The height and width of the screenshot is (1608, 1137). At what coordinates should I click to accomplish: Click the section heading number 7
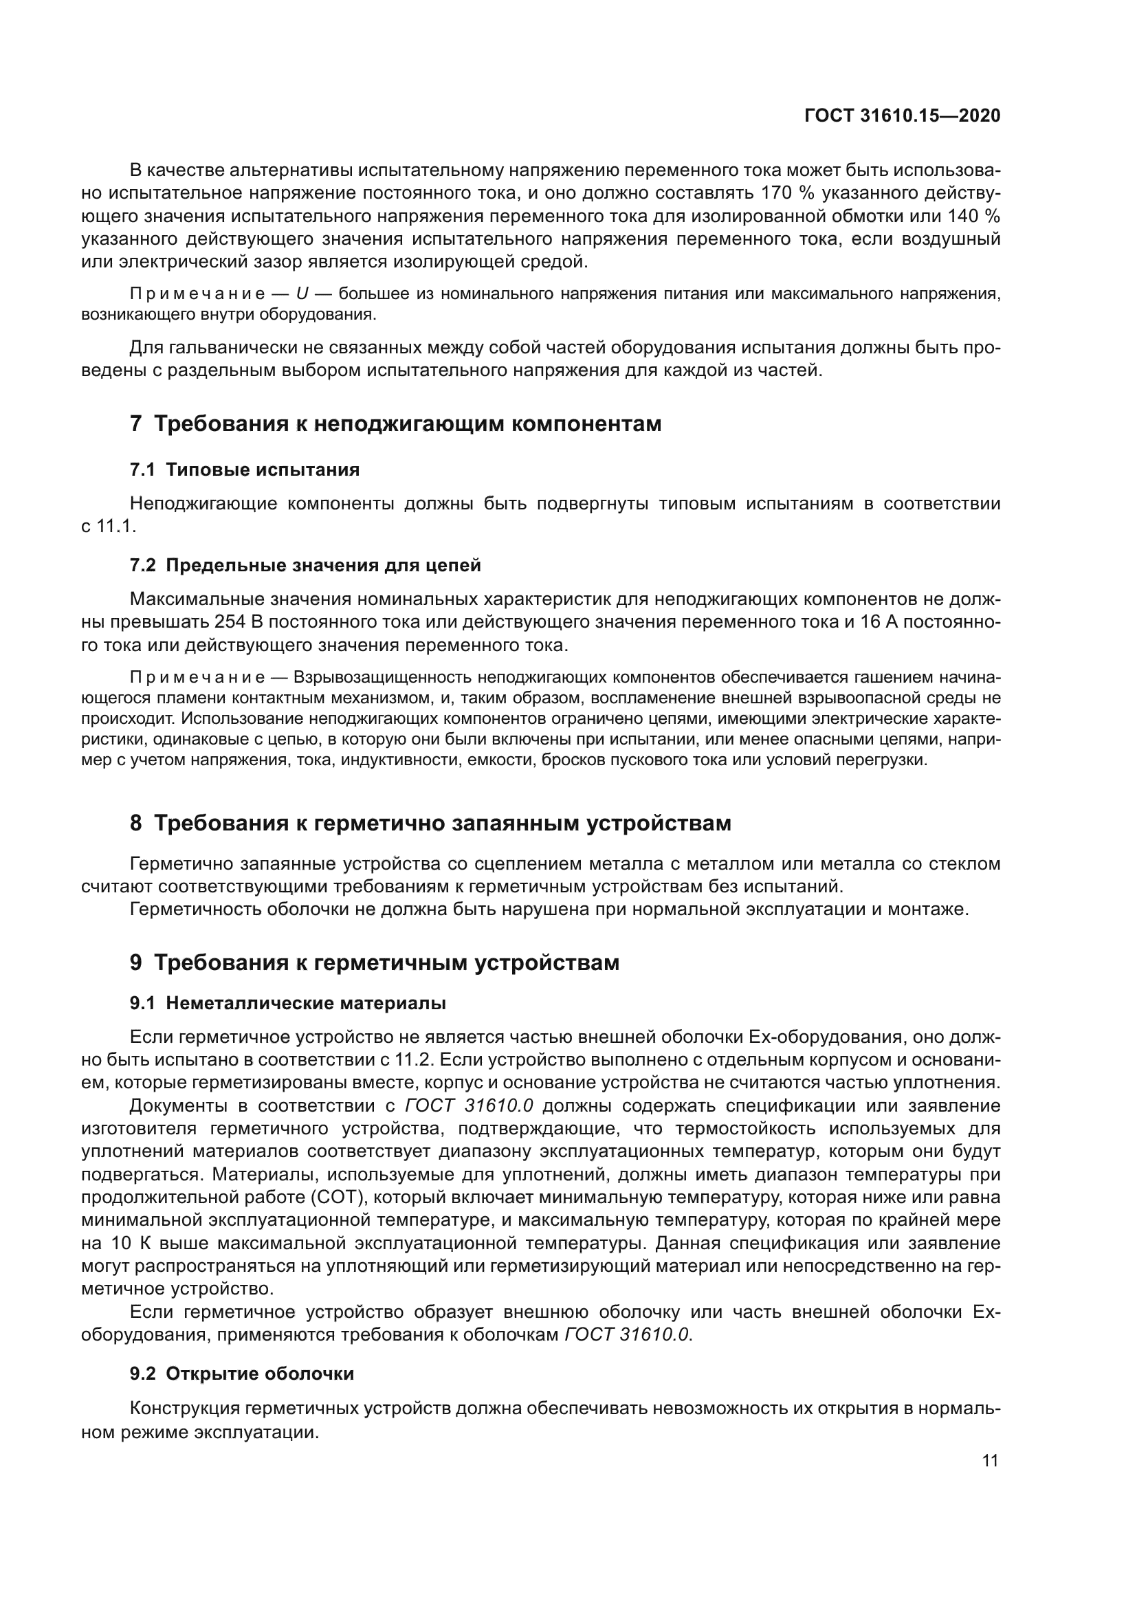(x=136, y=424)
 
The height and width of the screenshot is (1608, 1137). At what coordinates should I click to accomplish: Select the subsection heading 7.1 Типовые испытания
(x=244, y=470)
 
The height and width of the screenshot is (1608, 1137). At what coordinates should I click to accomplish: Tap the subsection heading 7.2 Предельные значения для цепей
(x=305, y=565)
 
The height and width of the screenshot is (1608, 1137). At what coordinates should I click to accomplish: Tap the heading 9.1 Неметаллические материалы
(x=288, y=1004)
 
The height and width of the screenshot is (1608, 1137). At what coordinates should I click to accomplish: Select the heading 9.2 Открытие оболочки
(x=241, y=1374)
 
